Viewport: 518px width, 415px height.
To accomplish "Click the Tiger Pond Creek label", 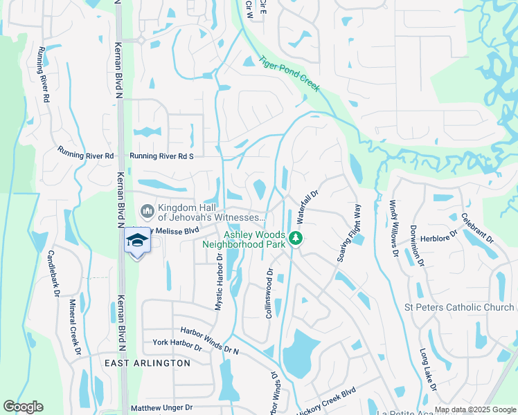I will click(x=289, y=73).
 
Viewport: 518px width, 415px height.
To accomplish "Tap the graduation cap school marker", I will click(x=136, y=240).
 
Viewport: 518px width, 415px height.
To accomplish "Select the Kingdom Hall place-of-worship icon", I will click(x=147, y=210).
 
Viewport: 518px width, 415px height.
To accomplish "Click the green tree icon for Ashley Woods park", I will click(x=296, y=239).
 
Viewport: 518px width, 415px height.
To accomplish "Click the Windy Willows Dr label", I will click(x=393, y=228).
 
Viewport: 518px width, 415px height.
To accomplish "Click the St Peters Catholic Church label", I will click(x=459, y=307).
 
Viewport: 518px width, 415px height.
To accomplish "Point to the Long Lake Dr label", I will click(x=428, y=370).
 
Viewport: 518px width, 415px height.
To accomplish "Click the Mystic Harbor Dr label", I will click(x=219, y=281).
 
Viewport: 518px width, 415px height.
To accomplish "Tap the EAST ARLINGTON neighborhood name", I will click(x=148, y=362).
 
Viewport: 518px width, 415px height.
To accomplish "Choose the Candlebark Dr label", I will click(x=52, y=273).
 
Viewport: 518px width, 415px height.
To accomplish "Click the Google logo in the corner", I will click(x=23, y=407).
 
